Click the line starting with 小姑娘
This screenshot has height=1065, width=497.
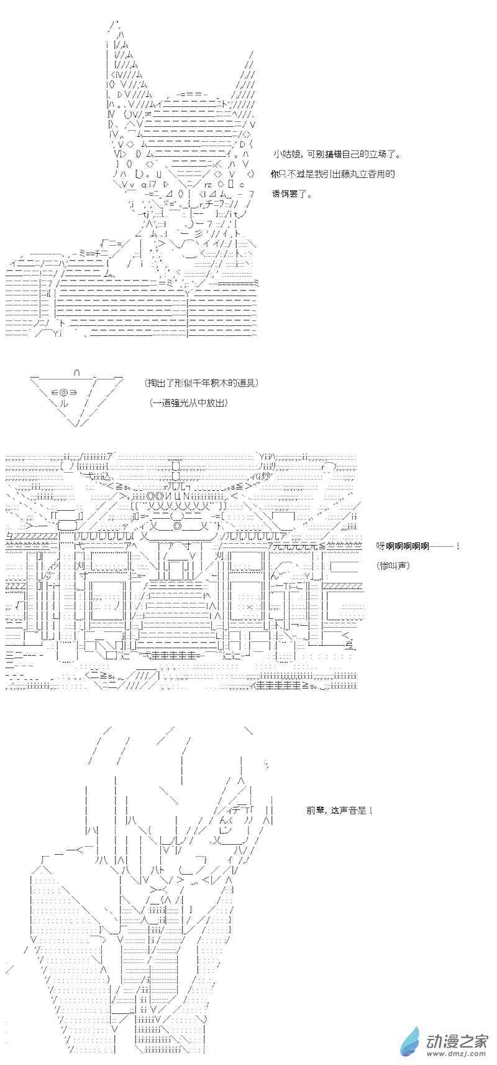[336, 154]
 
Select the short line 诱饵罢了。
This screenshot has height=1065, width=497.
[292, 194]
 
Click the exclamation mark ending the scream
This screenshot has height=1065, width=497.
[457, 546]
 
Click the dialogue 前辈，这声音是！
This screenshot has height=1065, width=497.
[339, 810]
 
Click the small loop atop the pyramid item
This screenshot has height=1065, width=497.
[76, 373]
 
